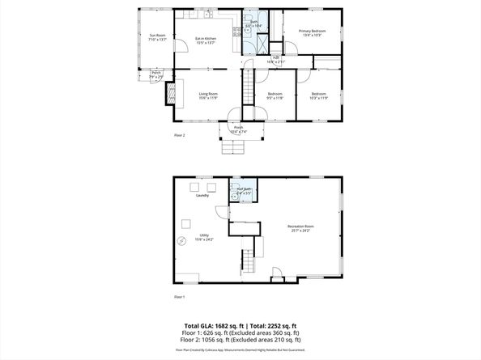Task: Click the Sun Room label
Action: coord(157,36)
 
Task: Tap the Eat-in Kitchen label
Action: coord(206,40)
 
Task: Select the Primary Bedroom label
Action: coord(313,33)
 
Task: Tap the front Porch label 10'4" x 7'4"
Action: coord(238,129)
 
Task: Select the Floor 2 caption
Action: coord(180,135)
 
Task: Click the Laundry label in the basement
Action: coord(202,196)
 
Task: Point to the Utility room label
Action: coord(203,238)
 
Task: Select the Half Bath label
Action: coord(244,191)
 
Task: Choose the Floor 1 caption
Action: coord(180,297)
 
